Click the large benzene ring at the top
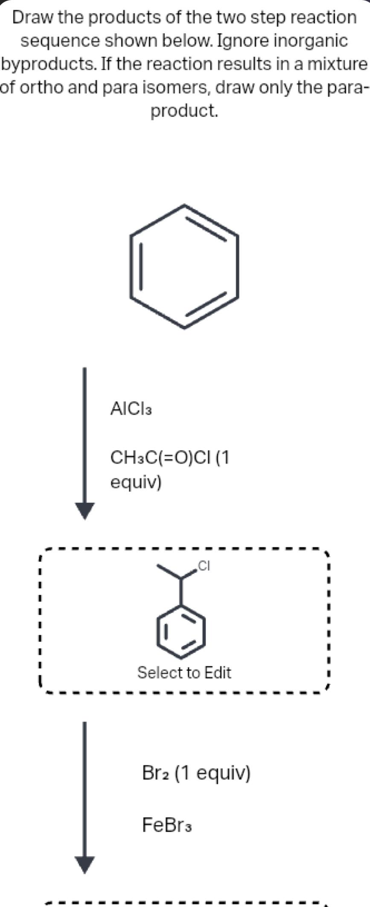coord(184,267)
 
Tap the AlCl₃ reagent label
coord(131,409)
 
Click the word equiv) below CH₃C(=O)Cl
coord(136,482)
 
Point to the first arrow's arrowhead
coord(84,510)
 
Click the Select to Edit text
coord(184,672)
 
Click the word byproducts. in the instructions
coord(49,64)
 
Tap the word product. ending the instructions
coord(185,111)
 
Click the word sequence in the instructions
coord(60,41)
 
